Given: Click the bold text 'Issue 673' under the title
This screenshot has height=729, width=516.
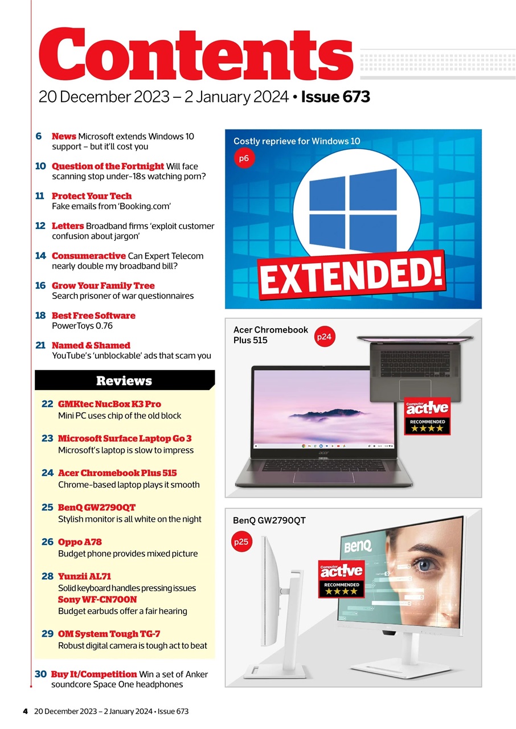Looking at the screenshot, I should (335, 97).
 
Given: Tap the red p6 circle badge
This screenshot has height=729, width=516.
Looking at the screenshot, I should (244, 158).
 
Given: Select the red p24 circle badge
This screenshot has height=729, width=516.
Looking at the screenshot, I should (323, 337).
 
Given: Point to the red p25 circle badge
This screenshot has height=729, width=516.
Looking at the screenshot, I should (241, 542).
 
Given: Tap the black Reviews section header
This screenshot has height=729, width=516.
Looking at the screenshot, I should (124, 380).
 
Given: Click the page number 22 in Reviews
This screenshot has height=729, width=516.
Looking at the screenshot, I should (47, 404).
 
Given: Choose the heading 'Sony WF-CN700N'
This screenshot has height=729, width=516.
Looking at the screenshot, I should (97, 600).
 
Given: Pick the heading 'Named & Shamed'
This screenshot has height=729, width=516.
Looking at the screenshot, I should (91, 345).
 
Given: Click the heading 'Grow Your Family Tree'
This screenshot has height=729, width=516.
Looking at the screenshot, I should (103, 285).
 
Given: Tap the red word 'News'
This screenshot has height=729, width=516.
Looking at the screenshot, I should (64, 136).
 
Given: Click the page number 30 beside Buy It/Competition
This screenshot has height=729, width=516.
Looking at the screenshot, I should (40, 674).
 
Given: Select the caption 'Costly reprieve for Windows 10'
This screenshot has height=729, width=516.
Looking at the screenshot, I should (297, 141).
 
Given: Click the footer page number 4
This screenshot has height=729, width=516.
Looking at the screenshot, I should (25, 711).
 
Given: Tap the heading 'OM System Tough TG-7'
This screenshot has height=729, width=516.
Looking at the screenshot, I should (114, 634).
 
